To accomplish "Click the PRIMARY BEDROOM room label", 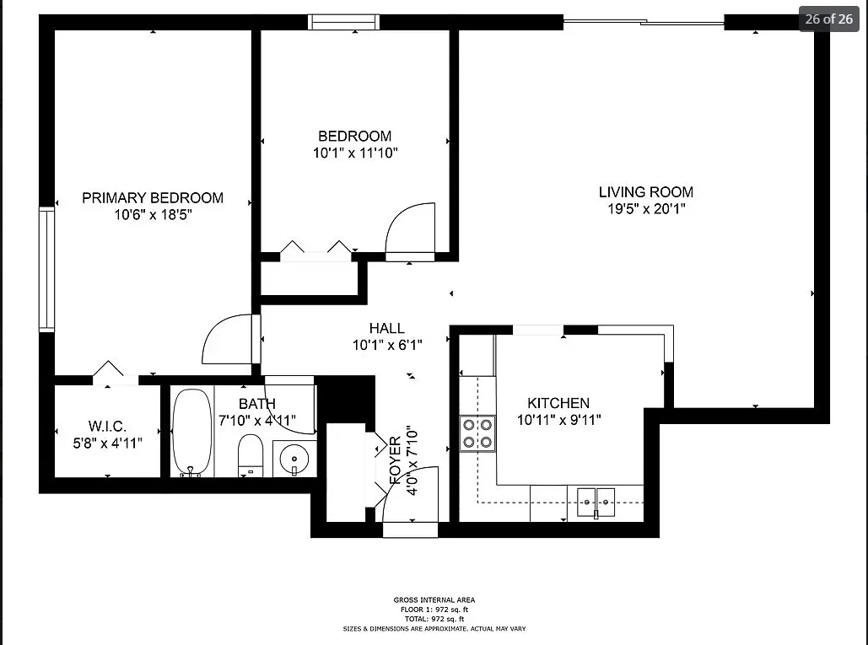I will (153, 198).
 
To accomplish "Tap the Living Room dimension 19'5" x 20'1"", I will (646, 209).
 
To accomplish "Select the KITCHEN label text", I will (558, 403).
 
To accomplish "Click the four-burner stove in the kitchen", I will (477, 433).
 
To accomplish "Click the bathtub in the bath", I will (192, 432).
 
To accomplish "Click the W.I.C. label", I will (107, 427).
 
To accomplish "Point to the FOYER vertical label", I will (395, 460).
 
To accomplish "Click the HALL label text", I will (386, 328).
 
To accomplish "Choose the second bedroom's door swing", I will (411, 228).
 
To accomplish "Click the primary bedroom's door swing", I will (228, 339).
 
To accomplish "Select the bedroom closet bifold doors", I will (315, 249).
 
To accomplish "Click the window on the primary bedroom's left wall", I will (46, 269).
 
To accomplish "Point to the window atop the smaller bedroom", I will (338, 22).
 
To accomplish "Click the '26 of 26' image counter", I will (828, 19).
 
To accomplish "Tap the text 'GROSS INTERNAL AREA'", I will (434, 600).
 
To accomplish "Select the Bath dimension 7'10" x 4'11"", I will (257, 420).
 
